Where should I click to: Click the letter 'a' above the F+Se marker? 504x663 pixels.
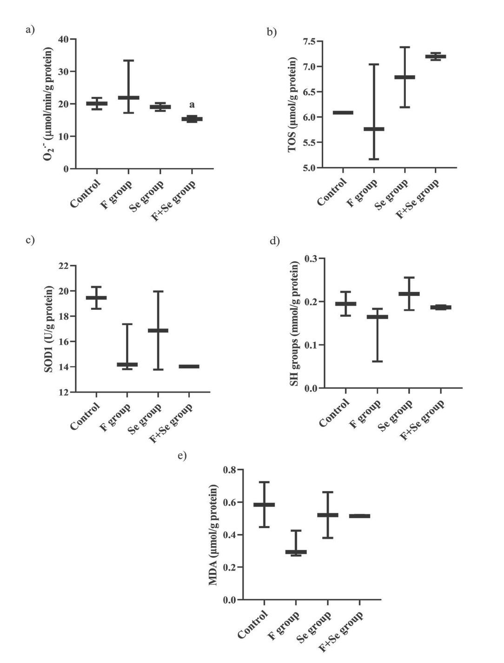click(x=192, y=105)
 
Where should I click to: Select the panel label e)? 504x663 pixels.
click(x=182, y=455)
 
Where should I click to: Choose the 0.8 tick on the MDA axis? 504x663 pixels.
click(x=230, y=470)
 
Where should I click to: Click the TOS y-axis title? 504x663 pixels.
click(x=292, y=105)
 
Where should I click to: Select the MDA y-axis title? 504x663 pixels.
click(x=213, y=534)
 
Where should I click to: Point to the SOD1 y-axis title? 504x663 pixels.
click(x=48, y=329)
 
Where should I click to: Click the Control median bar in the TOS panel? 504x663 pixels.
click(x=343, y=112)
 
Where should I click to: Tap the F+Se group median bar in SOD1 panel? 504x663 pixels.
click(x=189, y=367)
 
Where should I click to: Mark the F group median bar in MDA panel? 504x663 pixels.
click(x=296, y=552)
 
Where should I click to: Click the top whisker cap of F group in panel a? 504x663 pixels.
click(x=129, y=60)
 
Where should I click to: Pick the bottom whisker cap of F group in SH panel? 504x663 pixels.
click(x=377, y=361)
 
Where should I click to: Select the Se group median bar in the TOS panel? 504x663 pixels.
click(x=405, y=77)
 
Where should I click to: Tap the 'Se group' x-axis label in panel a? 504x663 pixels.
click(x=147, y=196)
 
